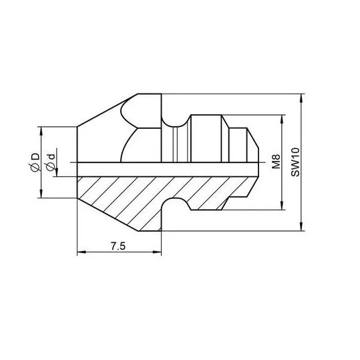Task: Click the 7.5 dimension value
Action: (118, 246)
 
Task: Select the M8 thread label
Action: (277, 162)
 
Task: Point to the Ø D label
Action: (35, 162)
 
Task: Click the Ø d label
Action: (51, 162)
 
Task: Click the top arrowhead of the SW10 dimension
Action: (301, 98)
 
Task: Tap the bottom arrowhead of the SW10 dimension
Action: (301, 226)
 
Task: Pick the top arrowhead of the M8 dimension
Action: (282, 119)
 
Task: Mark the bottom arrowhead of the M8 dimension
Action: (282, 206)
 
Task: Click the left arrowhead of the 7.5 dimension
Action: (81, 252)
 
